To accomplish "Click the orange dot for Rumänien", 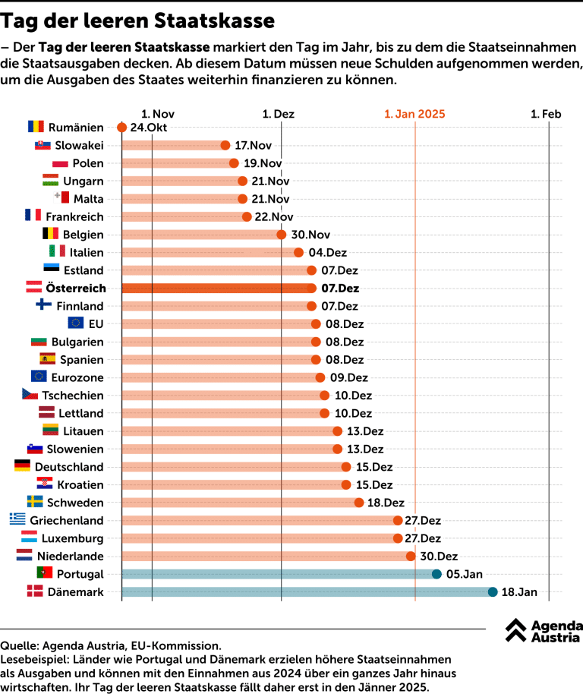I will coord(121,127).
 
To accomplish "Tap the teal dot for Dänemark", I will coord(493,592).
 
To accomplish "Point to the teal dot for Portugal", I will coord(436,574).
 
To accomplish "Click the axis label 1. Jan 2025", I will coord(414,114).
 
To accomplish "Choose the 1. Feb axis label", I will coord(546,114).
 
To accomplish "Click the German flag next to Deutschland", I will coord(22,466).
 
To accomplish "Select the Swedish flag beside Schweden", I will coord(35,502).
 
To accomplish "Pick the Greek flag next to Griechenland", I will coord(17,520).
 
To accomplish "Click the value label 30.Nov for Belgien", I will coord(309,235).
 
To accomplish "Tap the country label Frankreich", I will coord(74,217).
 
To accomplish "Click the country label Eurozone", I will coord(78,377).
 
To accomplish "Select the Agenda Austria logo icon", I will coord(516,629).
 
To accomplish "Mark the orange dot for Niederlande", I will coord(411,557).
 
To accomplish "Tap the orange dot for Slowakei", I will coord(225,145).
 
